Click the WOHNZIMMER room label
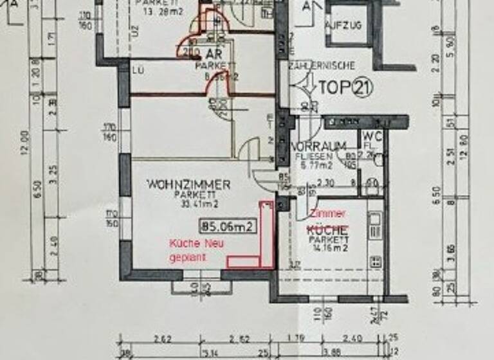tap(188, 184)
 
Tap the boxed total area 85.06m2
tap(228, 226)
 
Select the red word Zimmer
tap(327, 214)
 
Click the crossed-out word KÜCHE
tap(327, 230)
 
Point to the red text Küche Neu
tap(192, 244)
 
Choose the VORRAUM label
tap(319, 146)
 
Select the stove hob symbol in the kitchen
tap(375, 261)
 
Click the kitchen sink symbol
tap(375, 224)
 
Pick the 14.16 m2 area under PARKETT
tap(327, 246)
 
